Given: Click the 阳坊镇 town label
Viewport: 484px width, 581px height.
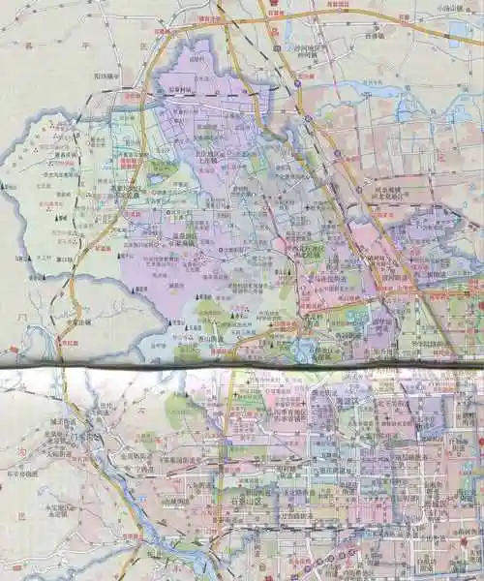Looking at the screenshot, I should coord(106,75).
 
